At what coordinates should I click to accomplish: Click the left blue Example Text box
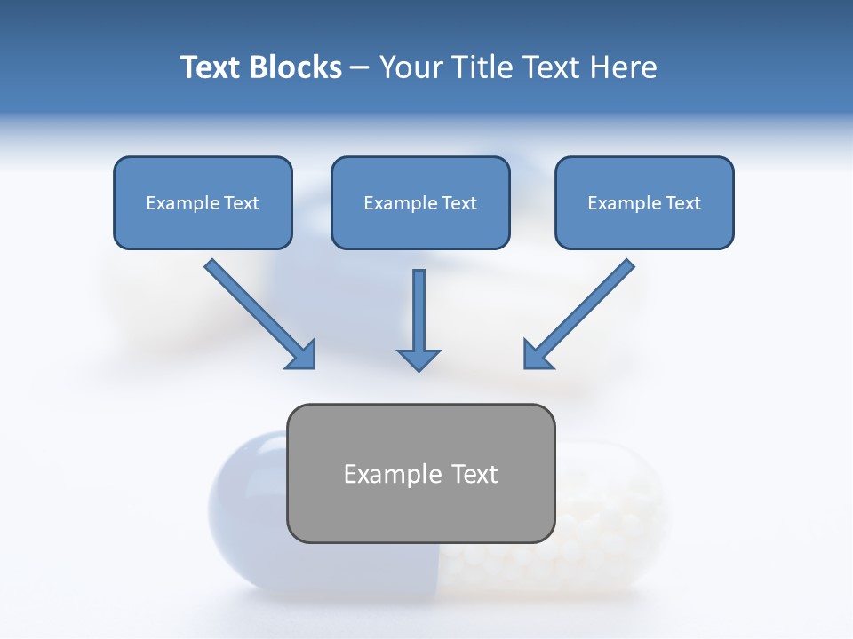click(203, 202)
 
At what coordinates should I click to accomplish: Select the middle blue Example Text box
click(420, 202)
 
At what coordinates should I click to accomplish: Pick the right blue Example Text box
click(644, 202)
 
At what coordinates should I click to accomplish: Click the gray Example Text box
click(420, 473)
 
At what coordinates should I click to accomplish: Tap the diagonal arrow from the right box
click(586, 306)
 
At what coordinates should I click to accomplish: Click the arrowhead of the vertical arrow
click(419, 359)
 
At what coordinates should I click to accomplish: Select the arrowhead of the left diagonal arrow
click(302, 355)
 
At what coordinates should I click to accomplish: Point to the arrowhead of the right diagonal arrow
click(537, 354)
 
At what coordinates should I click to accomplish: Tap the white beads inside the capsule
click(604, 515)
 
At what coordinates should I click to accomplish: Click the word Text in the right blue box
click(682, 202)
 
